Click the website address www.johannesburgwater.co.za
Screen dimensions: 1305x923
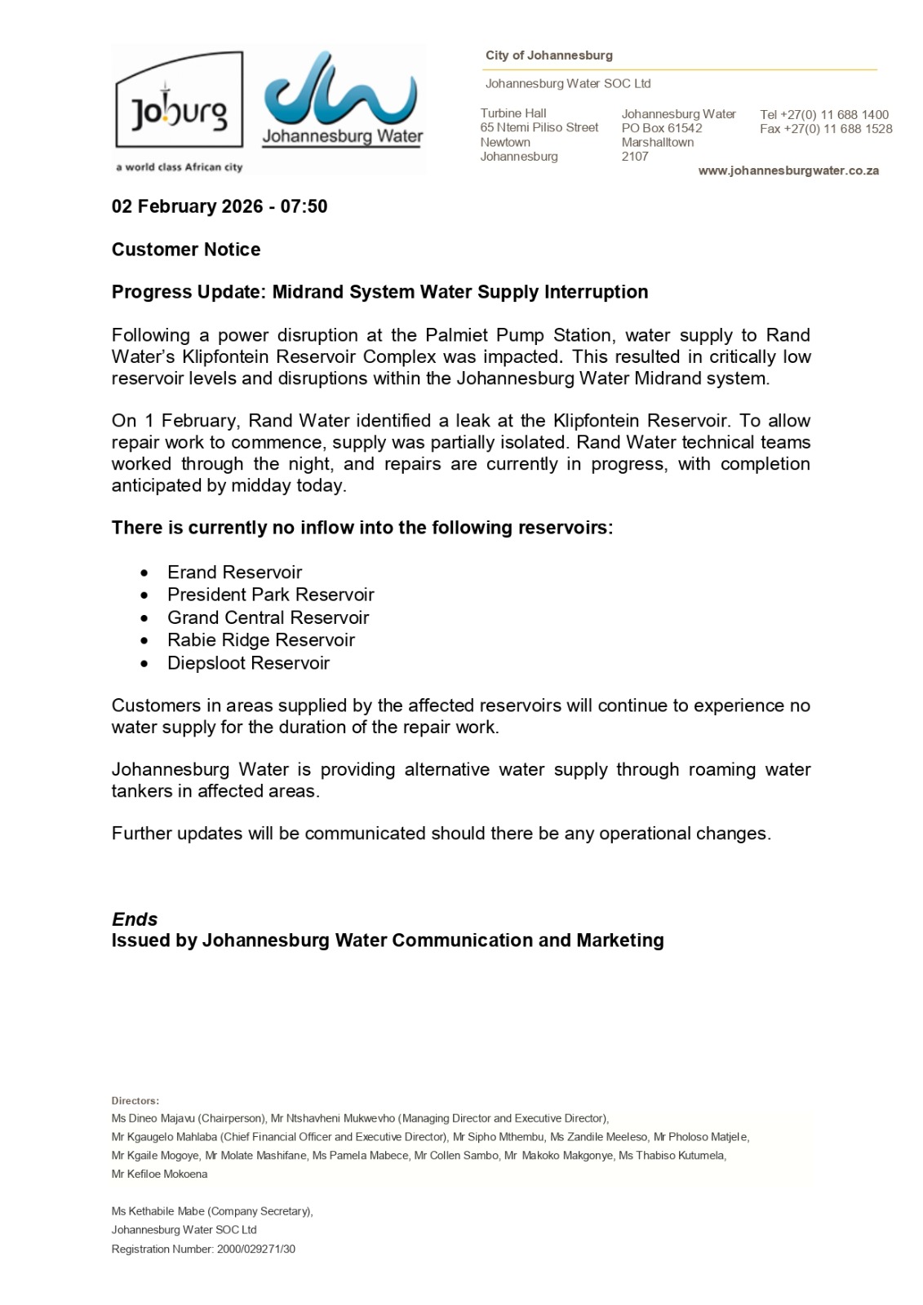point(788,170)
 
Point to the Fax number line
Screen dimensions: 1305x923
point(825,129)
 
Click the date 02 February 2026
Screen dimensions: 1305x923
point(186,206)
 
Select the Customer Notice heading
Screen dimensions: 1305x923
point(186,250)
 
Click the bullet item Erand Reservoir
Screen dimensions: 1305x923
point(234,572)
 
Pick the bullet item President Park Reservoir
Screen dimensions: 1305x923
point(270,595)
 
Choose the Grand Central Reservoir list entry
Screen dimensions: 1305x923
point(268,617)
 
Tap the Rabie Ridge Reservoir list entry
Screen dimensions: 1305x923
point(261,640)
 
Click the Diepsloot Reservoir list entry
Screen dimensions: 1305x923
point(248,663)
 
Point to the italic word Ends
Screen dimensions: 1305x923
point(135,919)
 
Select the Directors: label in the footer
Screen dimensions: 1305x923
point(135,1101)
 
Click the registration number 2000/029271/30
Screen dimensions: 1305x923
point(255,1249)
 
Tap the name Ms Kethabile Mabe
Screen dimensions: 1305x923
point(158,1211)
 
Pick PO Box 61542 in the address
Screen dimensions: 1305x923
point(662,128)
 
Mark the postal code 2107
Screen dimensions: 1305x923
point(635,157)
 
